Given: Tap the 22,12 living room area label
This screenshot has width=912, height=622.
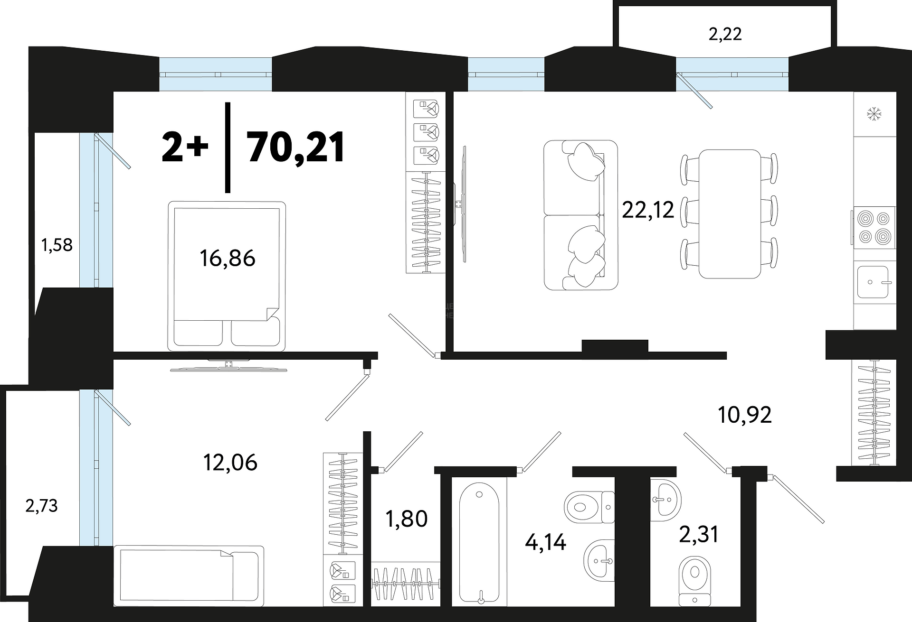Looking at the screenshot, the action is click(648, 209).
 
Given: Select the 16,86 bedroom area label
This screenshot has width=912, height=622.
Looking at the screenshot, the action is click(228, 258).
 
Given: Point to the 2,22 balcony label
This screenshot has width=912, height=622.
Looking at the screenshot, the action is click(725, 34).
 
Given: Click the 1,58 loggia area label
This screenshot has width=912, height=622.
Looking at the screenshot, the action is click(57, 245).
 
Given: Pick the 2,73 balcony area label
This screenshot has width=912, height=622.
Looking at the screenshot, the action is click(41, 506).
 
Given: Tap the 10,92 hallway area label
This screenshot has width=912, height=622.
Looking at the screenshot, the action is click(745, 415).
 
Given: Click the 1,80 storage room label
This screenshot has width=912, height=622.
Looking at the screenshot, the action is click(407, 519).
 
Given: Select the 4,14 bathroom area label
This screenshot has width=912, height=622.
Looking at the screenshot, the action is click(545, 542).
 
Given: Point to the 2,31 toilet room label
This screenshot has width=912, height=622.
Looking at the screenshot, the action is click(698, 534).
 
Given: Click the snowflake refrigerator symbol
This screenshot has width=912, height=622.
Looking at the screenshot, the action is click(874, 114).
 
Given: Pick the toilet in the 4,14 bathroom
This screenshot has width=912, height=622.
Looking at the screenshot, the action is click(589, 507).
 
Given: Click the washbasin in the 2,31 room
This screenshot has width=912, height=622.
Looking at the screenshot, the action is click(665, 500).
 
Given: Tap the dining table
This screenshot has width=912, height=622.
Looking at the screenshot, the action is click(730, 214).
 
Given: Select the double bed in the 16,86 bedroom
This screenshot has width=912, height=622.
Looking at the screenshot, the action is click(227, 276).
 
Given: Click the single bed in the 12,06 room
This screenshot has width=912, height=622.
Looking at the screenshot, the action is click(189, 576).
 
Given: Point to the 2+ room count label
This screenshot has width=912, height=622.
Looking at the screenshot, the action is click(185, 147).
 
